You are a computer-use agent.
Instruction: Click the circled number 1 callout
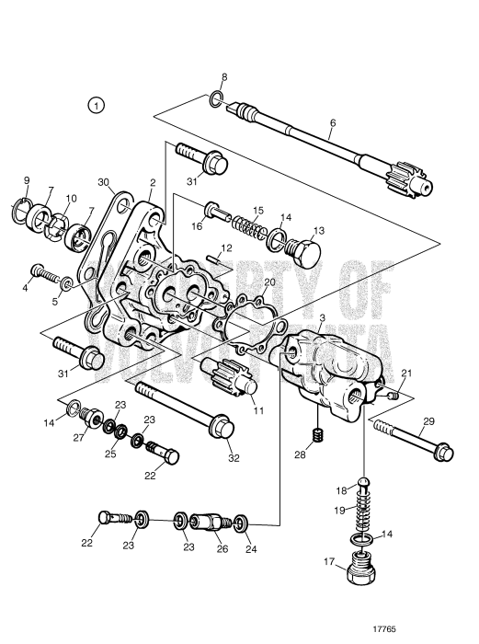[98, 106]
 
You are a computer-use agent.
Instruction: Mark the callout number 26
[220, 549]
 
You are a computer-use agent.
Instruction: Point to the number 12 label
[225, 247]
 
